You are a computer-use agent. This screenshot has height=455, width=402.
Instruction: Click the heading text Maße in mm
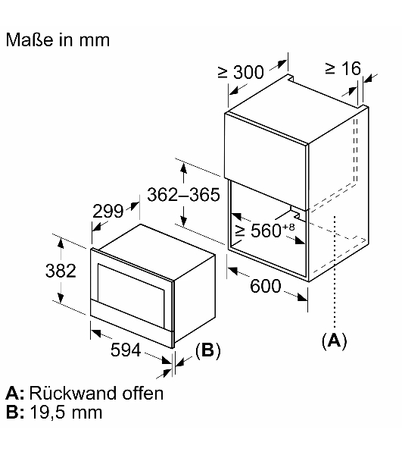coord(58,39)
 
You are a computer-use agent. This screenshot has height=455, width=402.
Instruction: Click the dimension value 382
coord(61,271)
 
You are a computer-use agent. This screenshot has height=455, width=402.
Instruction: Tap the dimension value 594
coord(126,350)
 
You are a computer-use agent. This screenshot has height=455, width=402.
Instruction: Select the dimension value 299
coord(108,211)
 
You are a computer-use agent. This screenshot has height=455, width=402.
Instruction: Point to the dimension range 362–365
coord(184,194)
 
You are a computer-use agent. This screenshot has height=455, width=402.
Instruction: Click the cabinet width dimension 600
coord(266,286)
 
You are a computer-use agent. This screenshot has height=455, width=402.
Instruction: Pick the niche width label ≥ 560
coord(257,231)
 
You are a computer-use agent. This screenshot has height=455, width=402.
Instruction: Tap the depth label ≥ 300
coord(241,72)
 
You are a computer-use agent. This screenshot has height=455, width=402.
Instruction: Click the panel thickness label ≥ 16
coord(343,68)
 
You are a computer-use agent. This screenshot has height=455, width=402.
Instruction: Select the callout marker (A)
coord(334,340)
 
